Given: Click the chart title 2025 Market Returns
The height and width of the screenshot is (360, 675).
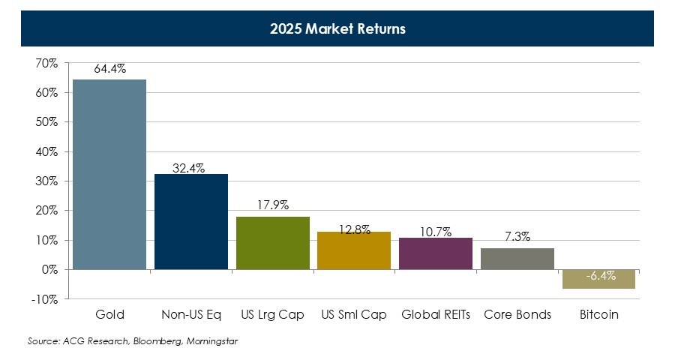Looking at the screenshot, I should pos(337,29).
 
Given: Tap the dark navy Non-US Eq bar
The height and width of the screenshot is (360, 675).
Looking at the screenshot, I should pos(191,221).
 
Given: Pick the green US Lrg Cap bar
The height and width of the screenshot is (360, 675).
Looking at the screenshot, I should pos(272,243).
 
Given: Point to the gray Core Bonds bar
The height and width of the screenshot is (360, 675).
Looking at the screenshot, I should pos(517,259).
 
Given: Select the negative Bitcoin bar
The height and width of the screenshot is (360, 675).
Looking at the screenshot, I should pos(598,279).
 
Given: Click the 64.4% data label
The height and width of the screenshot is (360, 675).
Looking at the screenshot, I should pos(109,69).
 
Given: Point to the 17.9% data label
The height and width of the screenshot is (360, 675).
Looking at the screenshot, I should pos(272,205).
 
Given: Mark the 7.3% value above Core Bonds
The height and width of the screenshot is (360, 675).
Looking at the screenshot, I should pos(517,237).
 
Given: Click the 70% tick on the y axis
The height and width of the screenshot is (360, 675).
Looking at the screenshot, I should pos(46,64).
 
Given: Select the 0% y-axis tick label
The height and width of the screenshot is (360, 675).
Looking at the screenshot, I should pos(49,269).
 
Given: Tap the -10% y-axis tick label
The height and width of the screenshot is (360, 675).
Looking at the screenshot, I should pos(45,299).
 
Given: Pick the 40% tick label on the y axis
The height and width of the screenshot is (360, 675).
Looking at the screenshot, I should pos(46,151).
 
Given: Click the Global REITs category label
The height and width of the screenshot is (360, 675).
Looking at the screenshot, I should pos(436,315).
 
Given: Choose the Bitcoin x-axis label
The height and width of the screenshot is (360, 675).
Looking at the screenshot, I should pos(598,315).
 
